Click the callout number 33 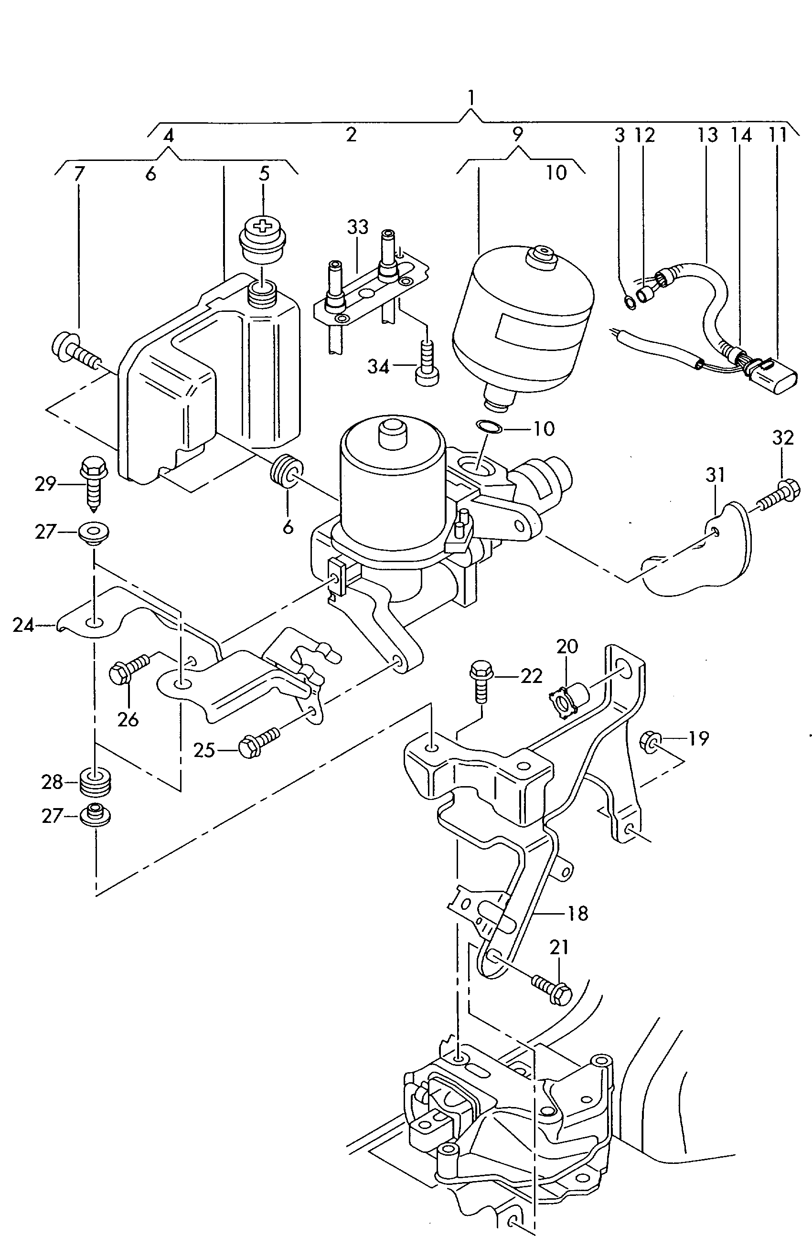click(x=358, y=227)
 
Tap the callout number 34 click(x=378, y=367)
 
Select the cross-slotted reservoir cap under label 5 click(x=264, y=240)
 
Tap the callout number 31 click(x=715, y=475)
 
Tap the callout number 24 click(x=23, y=625)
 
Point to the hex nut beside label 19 click(x=651, y=740)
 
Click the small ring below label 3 click(x=629, y=302)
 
